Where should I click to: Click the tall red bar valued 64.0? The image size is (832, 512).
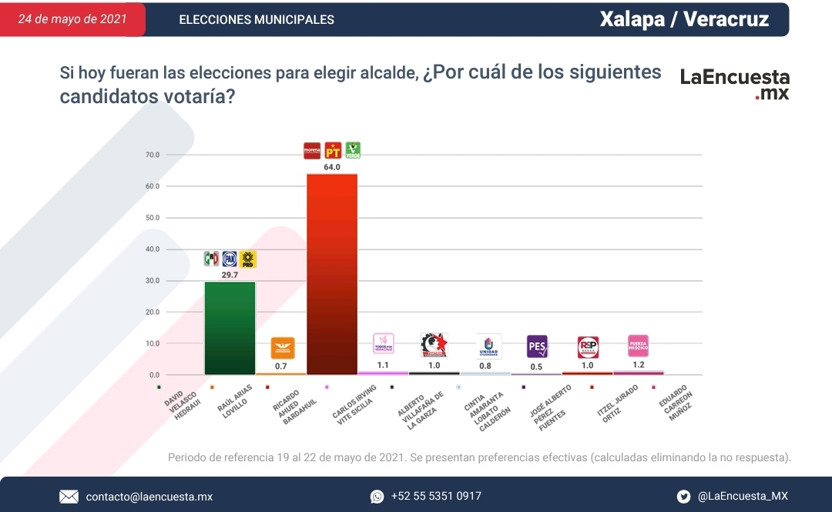point(332,273)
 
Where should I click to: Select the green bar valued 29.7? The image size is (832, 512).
point(230,327)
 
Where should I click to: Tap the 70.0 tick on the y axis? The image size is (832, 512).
point(152,156)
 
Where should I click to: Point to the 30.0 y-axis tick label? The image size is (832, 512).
point(152,281)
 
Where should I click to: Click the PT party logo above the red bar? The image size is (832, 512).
point(333,150)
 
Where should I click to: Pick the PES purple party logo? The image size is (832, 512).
point(537,346)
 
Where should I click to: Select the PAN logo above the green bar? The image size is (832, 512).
point(230,259)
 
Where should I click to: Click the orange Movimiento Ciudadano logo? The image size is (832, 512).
point(282,348)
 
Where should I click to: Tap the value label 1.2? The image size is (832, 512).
point(639,364)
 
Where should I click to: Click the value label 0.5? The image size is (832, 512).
point(537,366)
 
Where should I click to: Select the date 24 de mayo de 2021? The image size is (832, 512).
point(72,19)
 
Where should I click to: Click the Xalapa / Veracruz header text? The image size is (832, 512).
point(684,19)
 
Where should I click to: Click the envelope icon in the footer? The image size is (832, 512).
point(69,497)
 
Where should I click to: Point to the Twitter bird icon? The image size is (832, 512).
point(683,497)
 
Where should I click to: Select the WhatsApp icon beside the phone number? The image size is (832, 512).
point(377,497)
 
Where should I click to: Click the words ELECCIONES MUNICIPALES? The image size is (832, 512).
point(257,20)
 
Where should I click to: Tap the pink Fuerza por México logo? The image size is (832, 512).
point(638,345)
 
